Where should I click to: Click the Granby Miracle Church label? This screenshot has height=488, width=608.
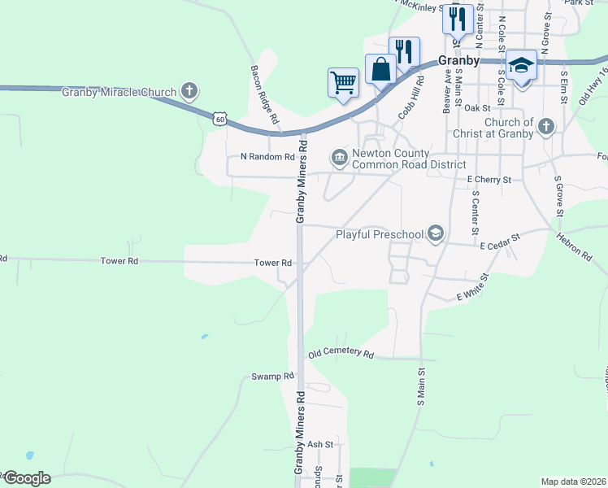(x=119, y=92)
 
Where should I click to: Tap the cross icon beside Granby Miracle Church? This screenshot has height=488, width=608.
(x=189, y=90)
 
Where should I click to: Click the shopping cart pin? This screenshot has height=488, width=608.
(x=343, y=81)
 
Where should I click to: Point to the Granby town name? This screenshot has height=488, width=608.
(x=458, y=60)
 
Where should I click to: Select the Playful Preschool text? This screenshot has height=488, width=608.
(x=380, y=235)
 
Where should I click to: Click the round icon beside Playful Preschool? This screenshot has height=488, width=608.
(x=436, y=234)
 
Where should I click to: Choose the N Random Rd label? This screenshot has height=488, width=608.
(x=267, y=156)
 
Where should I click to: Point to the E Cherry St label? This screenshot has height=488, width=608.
(x=489, y=179)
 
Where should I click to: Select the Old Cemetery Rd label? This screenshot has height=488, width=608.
(x=340, y=355)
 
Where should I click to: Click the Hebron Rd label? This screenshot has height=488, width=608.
(x=574, y=246)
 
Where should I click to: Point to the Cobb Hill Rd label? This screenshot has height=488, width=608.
(x=410, y=97)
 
